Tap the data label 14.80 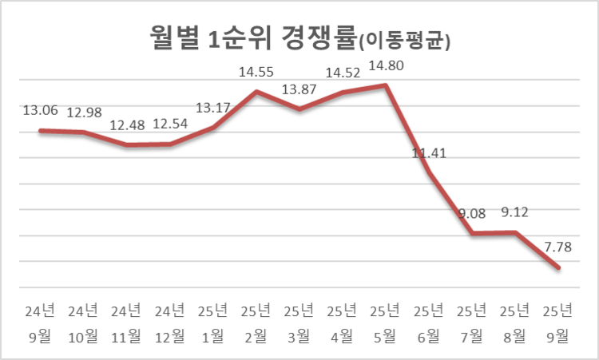pyautogui.click(x=386, y=67)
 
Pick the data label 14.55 pyautogui.click(x=256, y=73)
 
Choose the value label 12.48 pyautogui.click(x=127, y=125)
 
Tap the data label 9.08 pyautogui.click(x=472, y=214)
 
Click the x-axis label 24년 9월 pyautogui.click(x=40, y=323)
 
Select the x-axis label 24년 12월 pyautogui.click(x=170, y=323)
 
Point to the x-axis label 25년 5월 pyautogui.click(x=386, y=323)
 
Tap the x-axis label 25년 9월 pyautogui.click(x=558, y=323)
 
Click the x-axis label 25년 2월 pyautogui.click(x=256, y=323)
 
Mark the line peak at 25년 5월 pyautogui.click(x=386, y=85)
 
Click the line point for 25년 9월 pyautogui.click(x=558, y=267)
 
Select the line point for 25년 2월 pyautogui.click(x=256, y=91)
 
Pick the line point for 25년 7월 pyautogui.click(x=472, y=233)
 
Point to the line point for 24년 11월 pyautogui.click(x=127, y=145)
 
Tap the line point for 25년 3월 pyautogui.click(x=299, y=109)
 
